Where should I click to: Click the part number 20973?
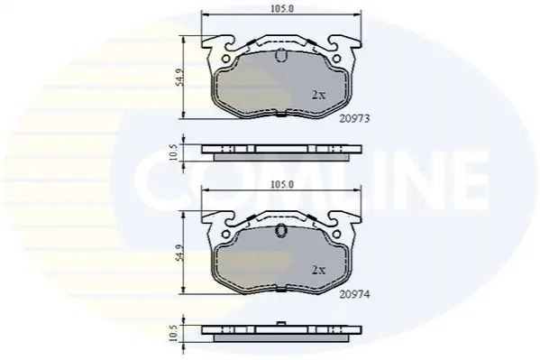[354, 118]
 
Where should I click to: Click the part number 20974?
[354, 295]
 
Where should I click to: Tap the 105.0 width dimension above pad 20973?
[281, 9]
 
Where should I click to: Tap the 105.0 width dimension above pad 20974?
[281, 185]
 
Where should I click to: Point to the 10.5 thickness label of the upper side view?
[174, 152]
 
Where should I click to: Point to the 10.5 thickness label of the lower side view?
[174, 332]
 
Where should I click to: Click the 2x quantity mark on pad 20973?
[318, 95]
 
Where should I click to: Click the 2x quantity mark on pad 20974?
[318, 271]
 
